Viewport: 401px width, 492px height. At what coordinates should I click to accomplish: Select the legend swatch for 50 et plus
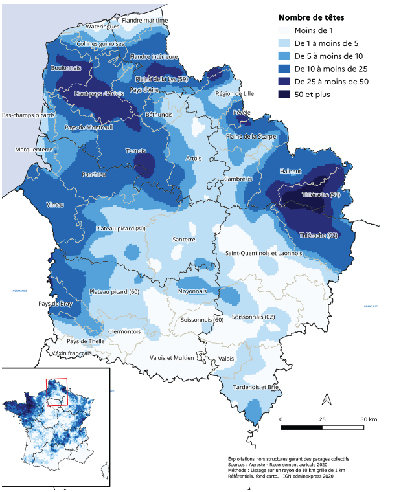284,95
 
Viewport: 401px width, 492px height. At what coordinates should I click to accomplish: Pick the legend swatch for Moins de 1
284,30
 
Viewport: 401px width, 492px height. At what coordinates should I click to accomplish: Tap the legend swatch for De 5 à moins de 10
284,56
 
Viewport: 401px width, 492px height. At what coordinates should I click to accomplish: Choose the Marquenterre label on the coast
34,150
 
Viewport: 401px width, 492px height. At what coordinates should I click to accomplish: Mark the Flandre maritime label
145,20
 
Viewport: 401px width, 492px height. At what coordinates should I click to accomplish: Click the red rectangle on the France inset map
57,392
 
